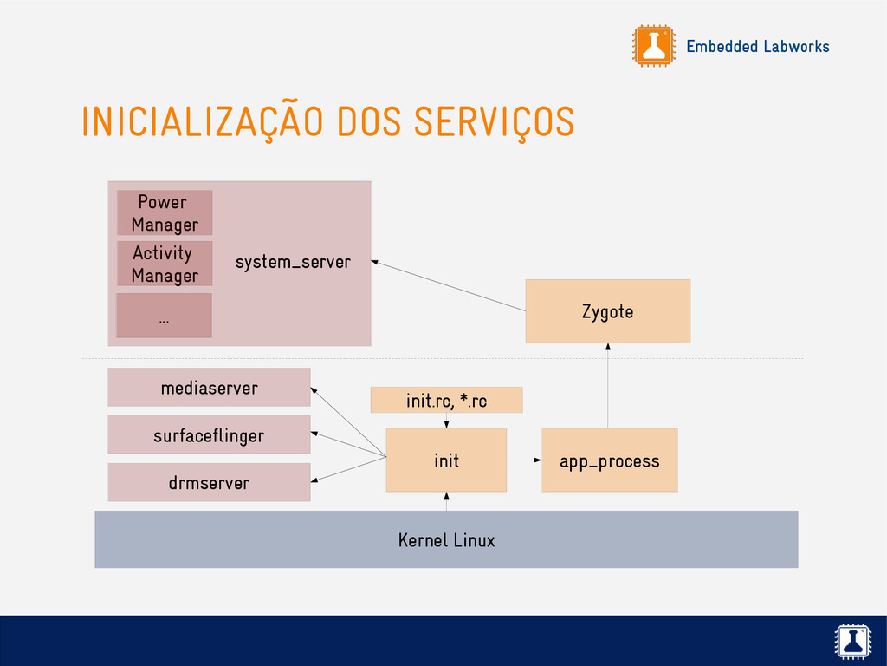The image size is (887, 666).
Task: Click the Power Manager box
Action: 165,212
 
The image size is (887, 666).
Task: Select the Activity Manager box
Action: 165,264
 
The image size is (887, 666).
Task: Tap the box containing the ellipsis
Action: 165,316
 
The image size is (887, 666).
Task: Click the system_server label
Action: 293,262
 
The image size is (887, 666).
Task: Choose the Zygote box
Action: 608,311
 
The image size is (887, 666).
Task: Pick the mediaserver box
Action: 209,388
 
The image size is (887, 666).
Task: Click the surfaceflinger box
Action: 209,435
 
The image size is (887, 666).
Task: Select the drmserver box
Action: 209,482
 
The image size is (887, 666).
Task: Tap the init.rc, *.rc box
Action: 446,401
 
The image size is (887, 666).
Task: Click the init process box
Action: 446,460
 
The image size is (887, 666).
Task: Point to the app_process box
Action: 609,460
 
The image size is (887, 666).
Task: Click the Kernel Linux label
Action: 446,540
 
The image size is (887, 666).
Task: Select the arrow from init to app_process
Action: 524,460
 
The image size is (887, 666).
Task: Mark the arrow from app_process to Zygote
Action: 608,385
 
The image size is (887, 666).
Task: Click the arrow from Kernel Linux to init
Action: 446,502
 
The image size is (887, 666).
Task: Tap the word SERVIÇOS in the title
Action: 494,122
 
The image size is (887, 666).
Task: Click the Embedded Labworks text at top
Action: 757,46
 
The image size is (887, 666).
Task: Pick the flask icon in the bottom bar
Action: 851,641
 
